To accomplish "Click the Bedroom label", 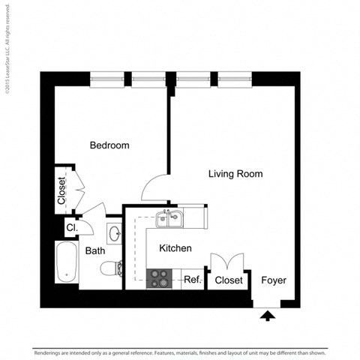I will (x=109, y=145).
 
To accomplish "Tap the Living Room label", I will (x=235, y=173).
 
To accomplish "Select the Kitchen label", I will (x=175, y=248).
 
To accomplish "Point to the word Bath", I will (x=94, y=251).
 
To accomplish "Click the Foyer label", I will (x=274, y=280).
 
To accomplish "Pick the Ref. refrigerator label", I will (x=192, y=280).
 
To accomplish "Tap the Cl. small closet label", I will (x=72, y=227).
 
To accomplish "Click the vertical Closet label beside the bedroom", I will (x=62, y=190).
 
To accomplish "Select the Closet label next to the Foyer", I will (x=229, y=280).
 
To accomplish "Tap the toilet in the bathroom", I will (x=112, y=267).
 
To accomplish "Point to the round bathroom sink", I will (x=115, y=234).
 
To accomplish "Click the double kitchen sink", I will (x=169, y=219).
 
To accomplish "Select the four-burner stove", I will (x=158, y=278).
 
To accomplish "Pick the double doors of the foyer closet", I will (x=227, y=262).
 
